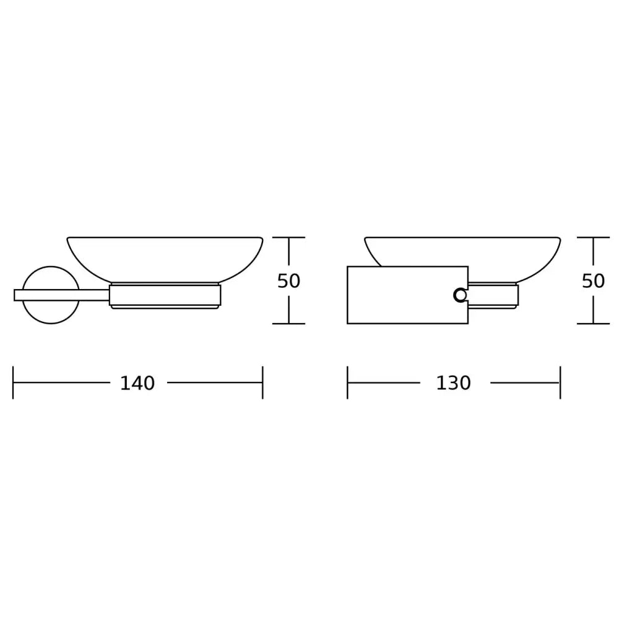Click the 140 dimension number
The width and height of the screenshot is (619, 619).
tap(137, 383)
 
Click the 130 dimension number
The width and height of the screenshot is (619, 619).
tap(454, 383)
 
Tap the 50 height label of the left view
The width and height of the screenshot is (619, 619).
tap(288, 281)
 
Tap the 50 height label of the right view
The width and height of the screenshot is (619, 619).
tap(593, 281)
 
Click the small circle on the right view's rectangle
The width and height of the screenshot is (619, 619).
tap(460, 295)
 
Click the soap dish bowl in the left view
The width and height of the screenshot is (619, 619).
tap(165, 257)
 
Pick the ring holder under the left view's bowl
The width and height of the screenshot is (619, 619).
tap(165, 295)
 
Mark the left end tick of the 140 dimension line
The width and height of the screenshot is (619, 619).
tap(13, 383)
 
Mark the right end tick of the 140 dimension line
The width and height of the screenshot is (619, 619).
tap(262, 383)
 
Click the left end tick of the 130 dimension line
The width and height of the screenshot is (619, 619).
tap(347, 383)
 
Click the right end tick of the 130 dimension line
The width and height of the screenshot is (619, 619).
tap(560, 383)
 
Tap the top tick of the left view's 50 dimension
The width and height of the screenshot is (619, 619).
tap(288, 238)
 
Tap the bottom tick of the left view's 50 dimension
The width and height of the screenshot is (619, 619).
tap(288, 323)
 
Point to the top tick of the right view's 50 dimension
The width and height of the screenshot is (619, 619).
tap(593, 238)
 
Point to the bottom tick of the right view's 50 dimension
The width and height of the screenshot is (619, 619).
tap(593, 323)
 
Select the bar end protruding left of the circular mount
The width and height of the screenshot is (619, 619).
tap(18, 295)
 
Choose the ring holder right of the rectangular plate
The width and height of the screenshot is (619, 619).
tap(493, 295)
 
